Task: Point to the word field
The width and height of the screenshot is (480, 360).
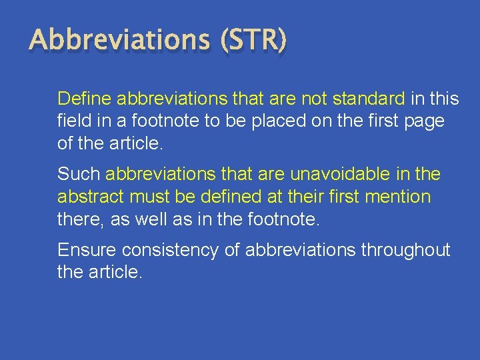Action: pos(71,122)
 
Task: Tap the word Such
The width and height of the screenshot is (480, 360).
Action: pos(79,175)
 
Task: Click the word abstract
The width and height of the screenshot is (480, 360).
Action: pos(90,197)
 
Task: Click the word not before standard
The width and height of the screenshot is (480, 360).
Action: pos(314,99)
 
